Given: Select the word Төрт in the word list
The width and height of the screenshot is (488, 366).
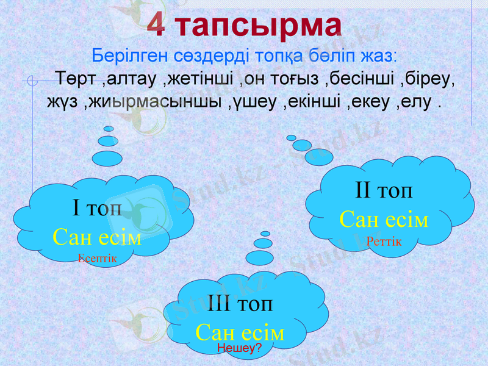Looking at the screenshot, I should tap(76, 79).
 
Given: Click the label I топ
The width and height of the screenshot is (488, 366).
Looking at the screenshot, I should tap(97, 209).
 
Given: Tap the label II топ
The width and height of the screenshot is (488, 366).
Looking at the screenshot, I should tap(384, 190).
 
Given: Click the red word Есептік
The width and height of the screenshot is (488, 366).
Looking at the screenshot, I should tap(97, 258).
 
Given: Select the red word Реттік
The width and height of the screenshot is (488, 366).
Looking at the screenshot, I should tap(384, 242).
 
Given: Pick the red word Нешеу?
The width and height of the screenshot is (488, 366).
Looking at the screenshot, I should tap(239, 348).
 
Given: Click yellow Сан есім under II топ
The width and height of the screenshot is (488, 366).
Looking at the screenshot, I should tap(384, 219).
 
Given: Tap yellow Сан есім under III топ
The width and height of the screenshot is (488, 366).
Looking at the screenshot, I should tap(240, 332).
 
